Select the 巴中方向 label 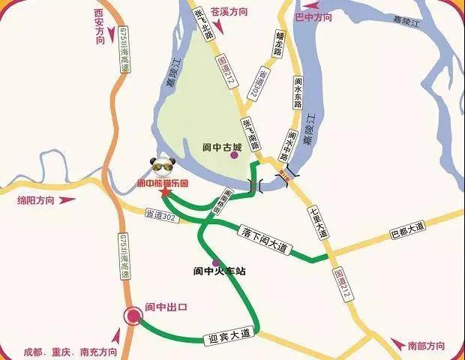click(x=313, y=16)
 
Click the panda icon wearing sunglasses click(x=161, y=167)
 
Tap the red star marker click(x=164, y=193)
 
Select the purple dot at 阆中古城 click(x=235, y=155)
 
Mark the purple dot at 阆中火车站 click(x=216, y=262)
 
